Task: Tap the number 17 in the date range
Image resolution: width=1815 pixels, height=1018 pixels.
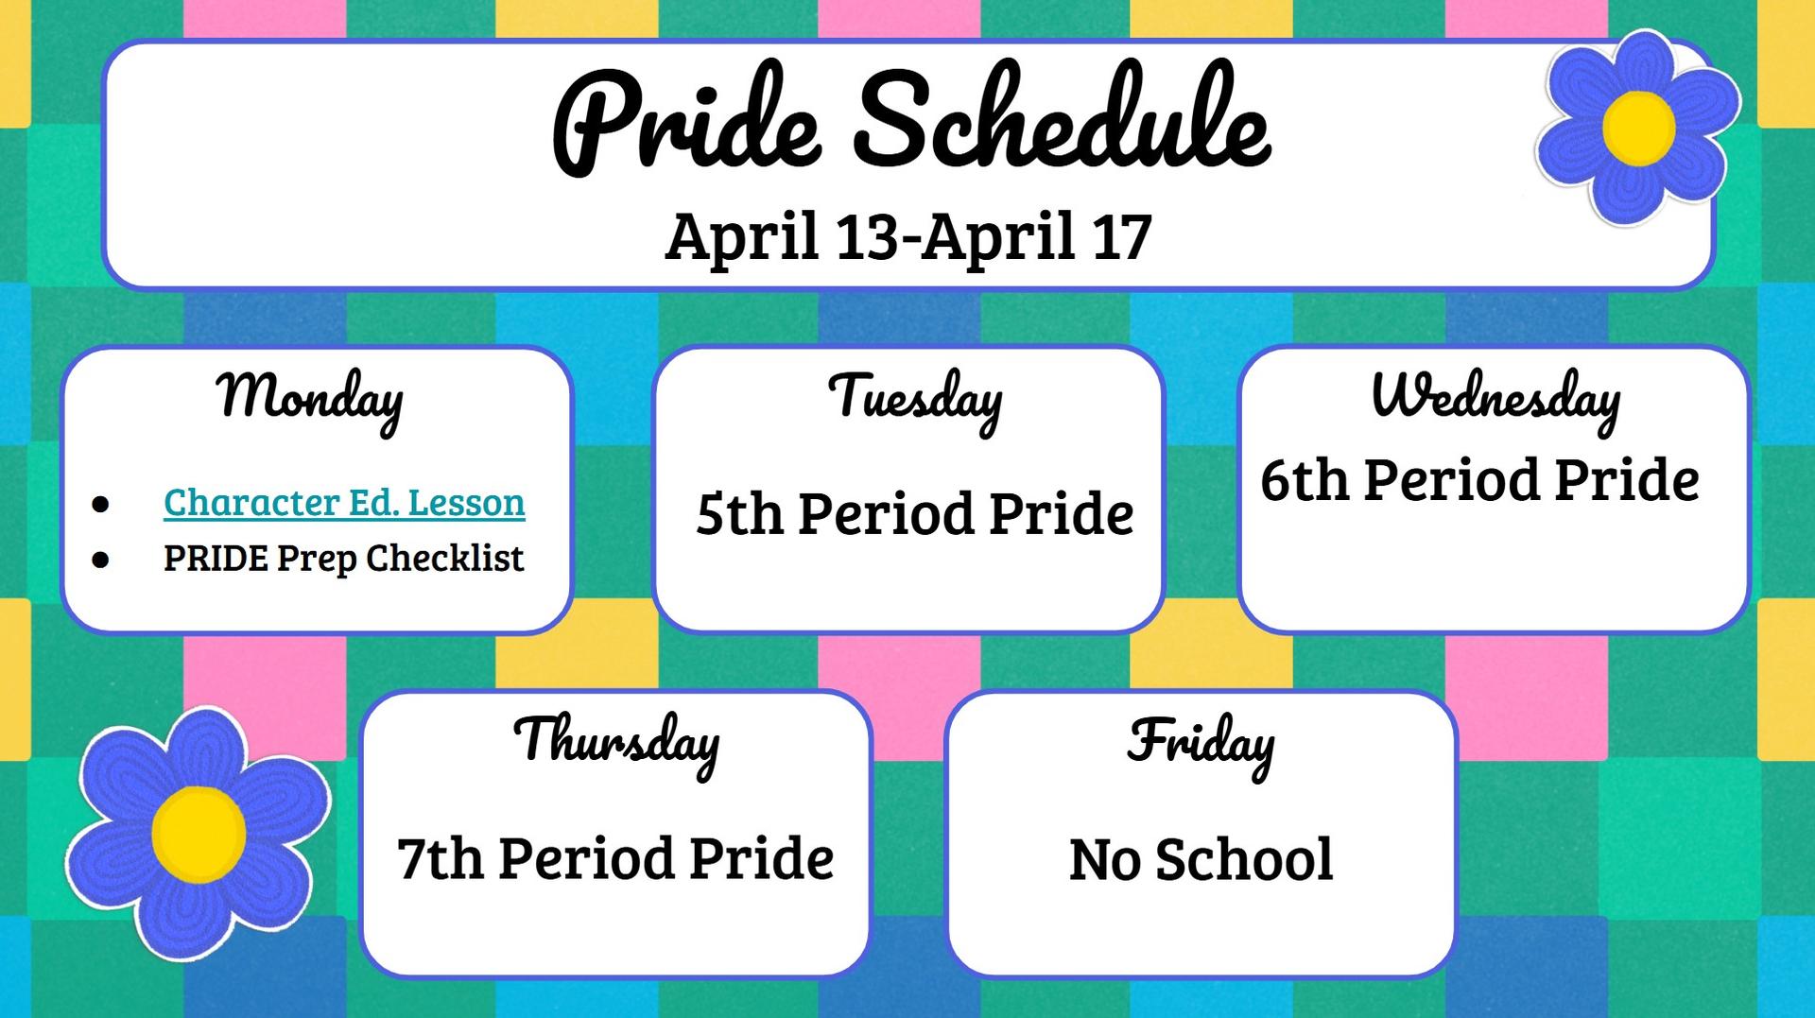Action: pos(1121,236)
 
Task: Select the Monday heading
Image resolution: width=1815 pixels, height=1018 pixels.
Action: pos(310,397)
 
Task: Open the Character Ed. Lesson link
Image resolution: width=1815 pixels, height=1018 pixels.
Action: pos(344,502)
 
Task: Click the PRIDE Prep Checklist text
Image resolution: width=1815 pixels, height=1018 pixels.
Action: pos(344,559)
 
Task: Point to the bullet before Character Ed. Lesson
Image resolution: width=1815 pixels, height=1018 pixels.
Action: pos(101,504)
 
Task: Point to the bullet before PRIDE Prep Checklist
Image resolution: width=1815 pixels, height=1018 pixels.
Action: pos(101,561)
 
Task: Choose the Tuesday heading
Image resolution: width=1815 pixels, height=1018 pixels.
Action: pos(914,397)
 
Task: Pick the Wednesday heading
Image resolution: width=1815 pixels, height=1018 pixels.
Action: pos(1495,397)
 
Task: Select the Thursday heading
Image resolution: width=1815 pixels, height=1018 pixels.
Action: pos(615,741)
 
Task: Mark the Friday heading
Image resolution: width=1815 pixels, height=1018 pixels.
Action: pos(1201,742)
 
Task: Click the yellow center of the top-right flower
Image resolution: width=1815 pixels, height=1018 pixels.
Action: pos(1639,127)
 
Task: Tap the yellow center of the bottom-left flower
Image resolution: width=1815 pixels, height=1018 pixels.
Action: pos(199,834)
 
